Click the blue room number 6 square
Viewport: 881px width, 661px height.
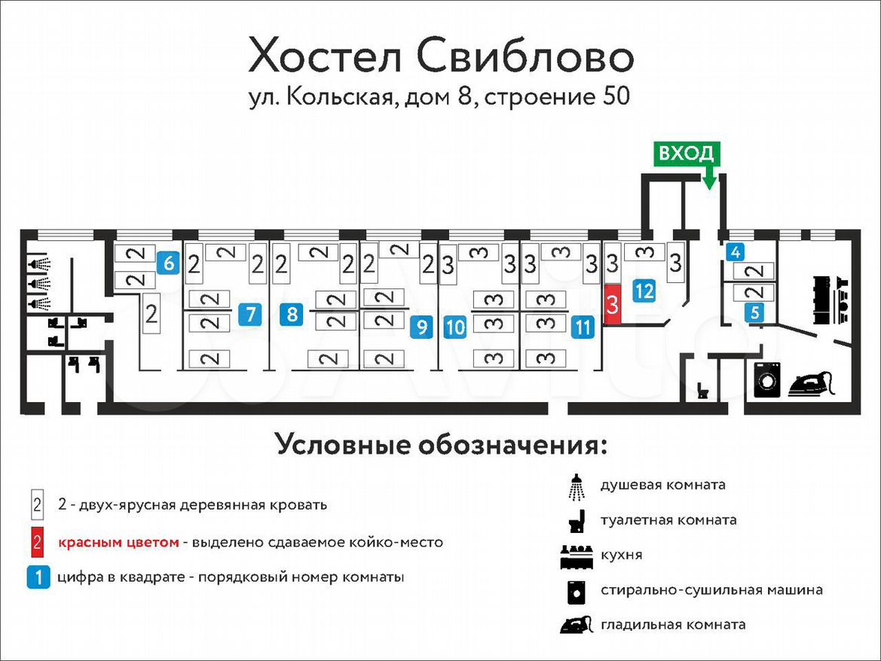tap(169, 263)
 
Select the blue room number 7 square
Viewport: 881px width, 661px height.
tap(251, 314)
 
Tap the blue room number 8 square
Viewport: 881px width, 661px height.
tap(292, 314)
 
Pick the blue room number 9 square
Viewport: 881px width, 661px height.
tap(422, 327)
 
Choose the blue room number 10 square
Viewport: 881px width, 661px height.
tap(455, 327)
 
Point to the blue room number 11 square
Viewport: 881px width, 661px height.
tap(583, 327)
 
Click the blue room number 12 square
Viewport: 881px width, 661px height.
tap(644, 291)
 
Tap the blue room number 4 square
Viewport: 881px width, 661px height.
tap(736, 252)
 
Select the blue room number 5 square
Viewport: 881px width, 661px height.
tap(755, 312)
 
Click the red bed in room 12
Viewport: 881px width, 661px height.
tap(613, 304)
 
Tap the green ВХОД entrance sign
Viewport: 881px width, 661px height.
tap(686, 154)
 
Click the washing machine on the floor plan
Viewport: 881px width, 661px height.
tap(767, 380)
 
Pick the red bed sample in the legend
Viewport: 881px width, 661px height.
tap(36, 542)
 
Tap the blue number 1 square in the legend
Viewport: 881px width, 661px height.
tap(38, 577)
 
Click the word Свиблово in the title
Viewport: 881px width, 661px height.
tap(525, 56)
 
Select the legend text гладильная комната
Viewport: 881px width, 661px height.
tap(673, 625)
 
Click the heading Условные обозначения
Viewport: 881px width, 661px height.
tap(442, 444)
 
